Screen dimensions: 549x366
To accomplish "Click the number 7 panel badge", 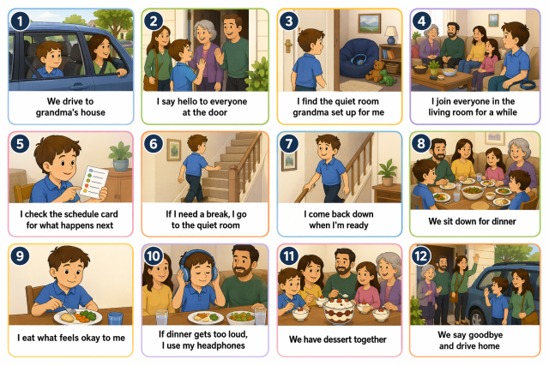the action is [x=288, y=143].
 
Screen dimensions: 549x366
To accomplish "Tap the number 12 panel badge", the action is [x=420, y=255].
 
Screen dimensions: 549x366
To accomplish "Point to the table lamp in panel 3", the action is [x=391, y=35].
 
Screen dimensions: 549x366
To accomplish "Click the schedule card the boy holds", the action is [x=94, y=182].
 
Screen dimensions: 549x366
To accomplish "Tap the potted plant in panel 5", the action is [x=120, y=156].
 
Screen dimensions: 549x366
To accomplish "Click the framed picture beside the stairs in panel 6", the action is [x=174, y=150].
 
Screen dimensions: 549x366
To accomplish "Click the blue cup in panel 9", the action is [x=115, y=318].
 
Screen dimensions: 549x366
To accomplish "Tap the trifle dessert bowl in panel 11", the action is [x=339, y=310].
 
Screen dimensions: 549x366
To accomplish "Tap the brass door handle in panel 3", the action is [x=289, y=46].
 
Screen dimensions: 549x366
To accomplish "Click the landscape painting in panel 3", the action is [x=369, y=23].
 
